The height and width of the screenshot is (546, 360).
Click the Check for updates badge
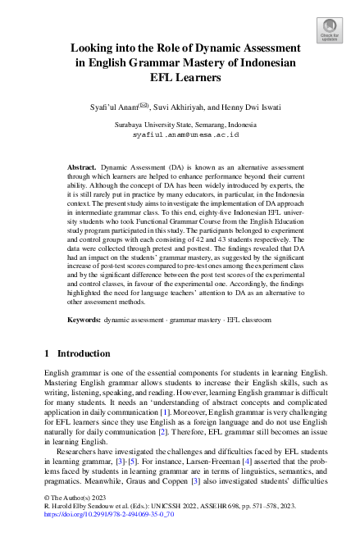(330, 30)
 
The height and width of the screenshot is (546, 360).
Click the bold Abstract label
(81, 166)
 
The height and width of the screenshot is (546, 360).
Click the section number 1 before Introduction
(47, 353)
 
